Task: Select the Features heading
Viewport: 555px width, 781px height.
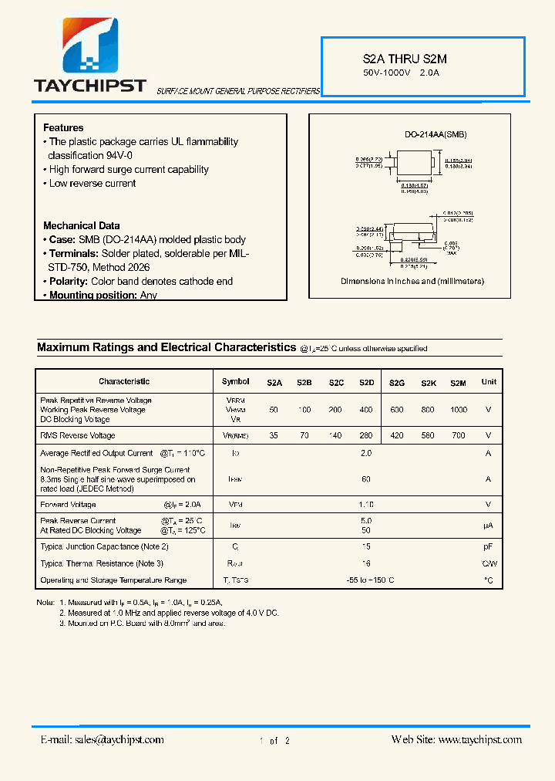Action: [x=63, y=127]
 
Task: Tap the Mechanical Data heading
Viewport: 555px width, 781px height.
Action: [x=81, y=225]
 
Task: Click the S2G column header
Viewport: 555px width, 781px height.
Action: [x=396, y=382]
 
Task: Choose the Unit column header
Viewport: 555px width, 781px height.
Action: [x=489, y=382]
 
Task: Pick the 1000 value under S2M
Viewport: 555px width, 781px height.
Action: [x=459, y=410]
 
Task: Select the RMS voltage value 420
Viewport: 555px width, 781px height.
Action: [x=396, y=436]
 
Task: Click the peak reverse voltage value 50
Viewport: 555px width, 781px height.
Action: [x=274, y=410]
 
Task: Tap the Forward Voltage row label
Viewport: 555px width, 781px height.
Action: [x=69, y=505]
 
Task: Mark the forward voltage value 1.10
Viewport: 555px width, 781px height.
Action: [x=366, y=505]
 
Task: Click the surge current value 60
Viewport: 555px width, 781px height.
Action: [x=366, y=479]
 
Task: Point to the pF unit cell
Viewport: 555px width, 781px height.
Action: [x=488, y=546]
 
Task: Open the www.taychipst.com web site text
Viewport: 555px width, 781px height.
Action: [x=479, y=739]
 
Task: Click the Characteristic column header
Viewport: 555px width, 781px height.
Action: [x=124, y=381]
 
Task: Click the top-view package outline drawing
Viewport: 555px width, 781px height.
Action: [x=415, y=165]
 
